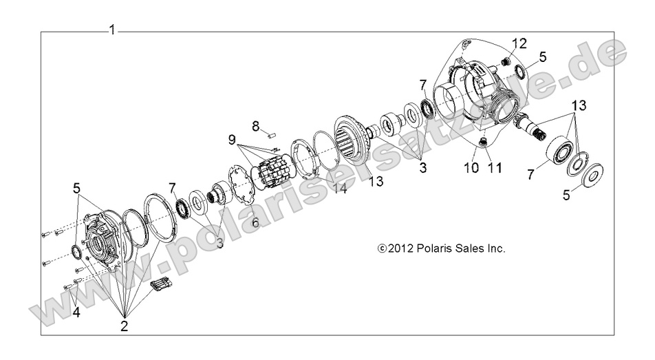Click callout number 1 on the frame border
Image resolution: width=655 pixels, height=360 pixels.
click(111, 30)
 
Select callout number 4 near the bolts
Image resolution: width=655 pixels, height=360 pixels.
click(76, 312)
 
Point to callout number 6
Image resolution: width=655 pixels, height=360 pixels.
click(255, 222)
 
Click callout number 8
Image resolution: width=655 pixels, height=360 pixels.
click(255, 126)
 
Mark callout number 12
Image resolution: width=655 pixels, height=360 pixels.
click(519, 43)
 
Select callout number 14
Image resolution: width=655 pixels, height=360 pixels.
click(339, 188)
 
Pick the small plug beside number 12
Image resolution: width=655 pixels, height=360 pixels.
click(506, 62)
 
